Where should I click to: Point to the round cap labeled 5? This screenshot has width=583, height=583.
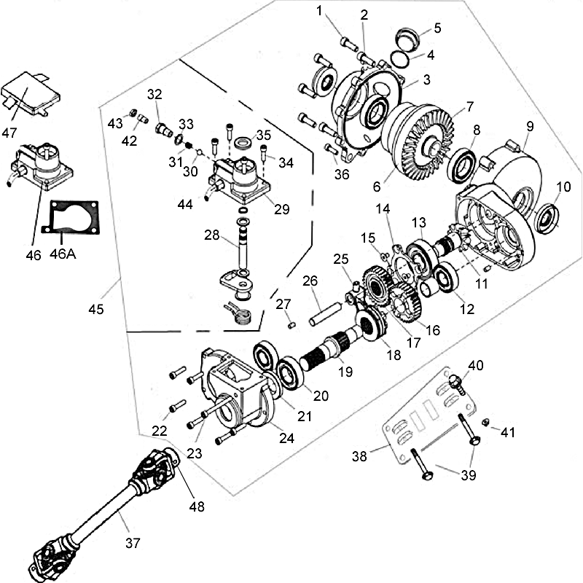point(408,36)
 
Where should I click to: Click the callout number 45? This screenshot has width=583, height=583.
point(95,309)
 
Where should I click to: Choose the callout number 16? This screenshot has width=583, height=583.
point(433,329)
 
